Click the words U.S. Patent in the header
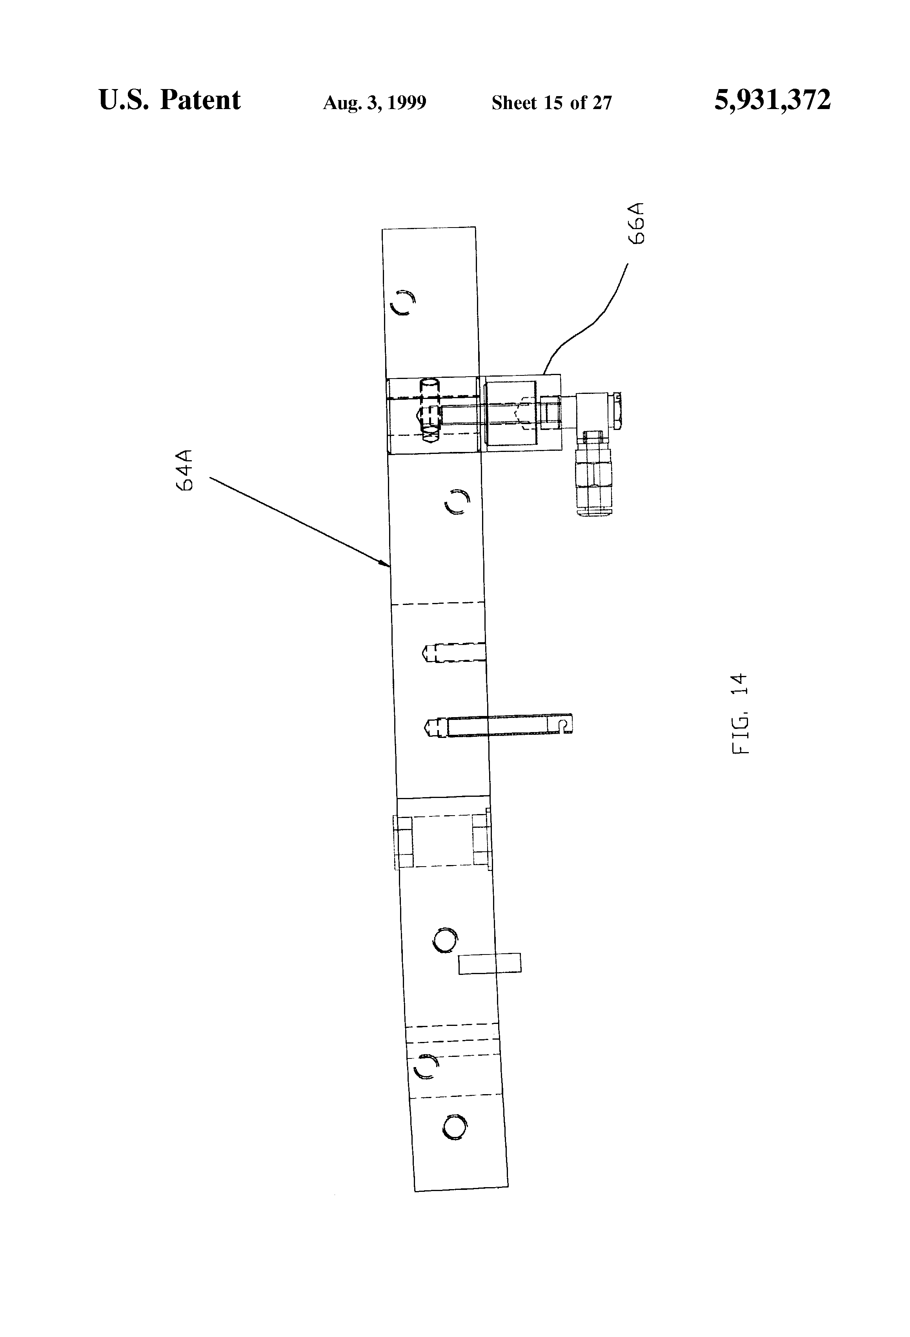[170, 100]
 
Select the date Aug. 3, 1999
[375, 103]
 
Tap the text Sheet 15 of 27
[551, 103]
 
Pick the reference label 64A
[185, 470]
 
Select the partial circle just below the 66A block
[458, 502]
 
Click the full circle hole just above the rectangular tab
[445, 941]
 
